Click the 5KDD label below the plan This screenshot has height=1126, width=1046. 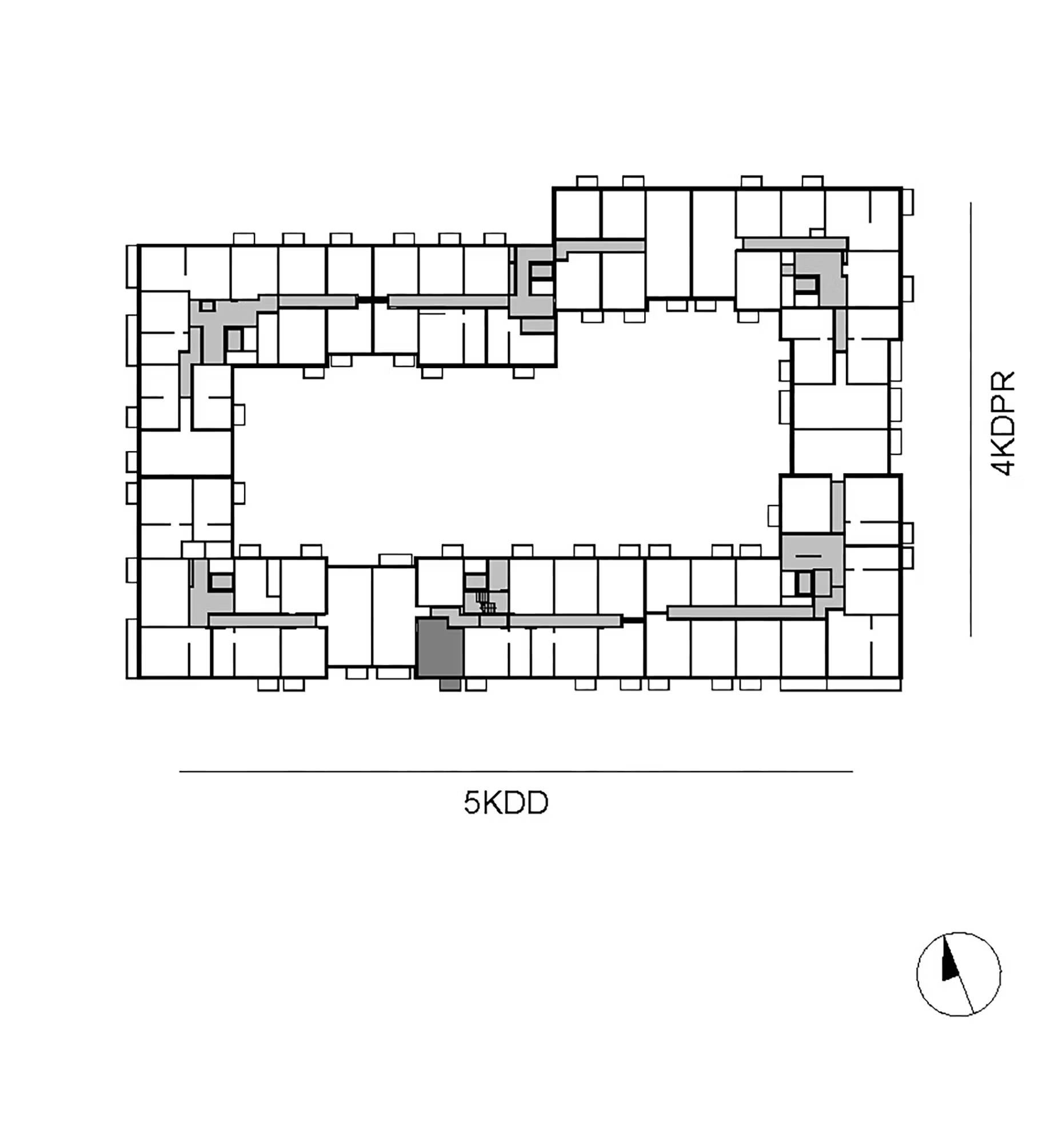506,802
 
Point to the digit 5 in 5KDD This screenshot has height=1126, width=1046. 472,802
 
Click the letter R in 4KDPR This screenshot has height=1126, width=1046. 1003,381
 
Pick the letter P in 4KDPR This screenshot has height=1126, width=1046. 1003,402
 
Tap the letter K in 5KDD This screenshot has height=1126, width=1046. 493,802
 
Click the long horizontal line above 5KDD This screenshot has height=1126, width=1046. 516,771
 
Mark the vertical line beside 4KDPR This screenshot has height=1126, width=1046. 971,419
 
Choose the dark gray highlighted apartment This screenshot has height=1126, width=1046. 439,648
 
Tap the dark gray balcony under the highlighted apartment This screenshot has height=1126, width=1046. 450,685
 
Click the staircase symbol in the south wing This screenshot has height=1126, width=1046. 486,603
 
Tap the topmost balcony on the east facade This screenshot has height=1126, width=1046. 908,202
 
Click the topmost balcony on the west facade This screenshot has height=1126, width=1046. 132,266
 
